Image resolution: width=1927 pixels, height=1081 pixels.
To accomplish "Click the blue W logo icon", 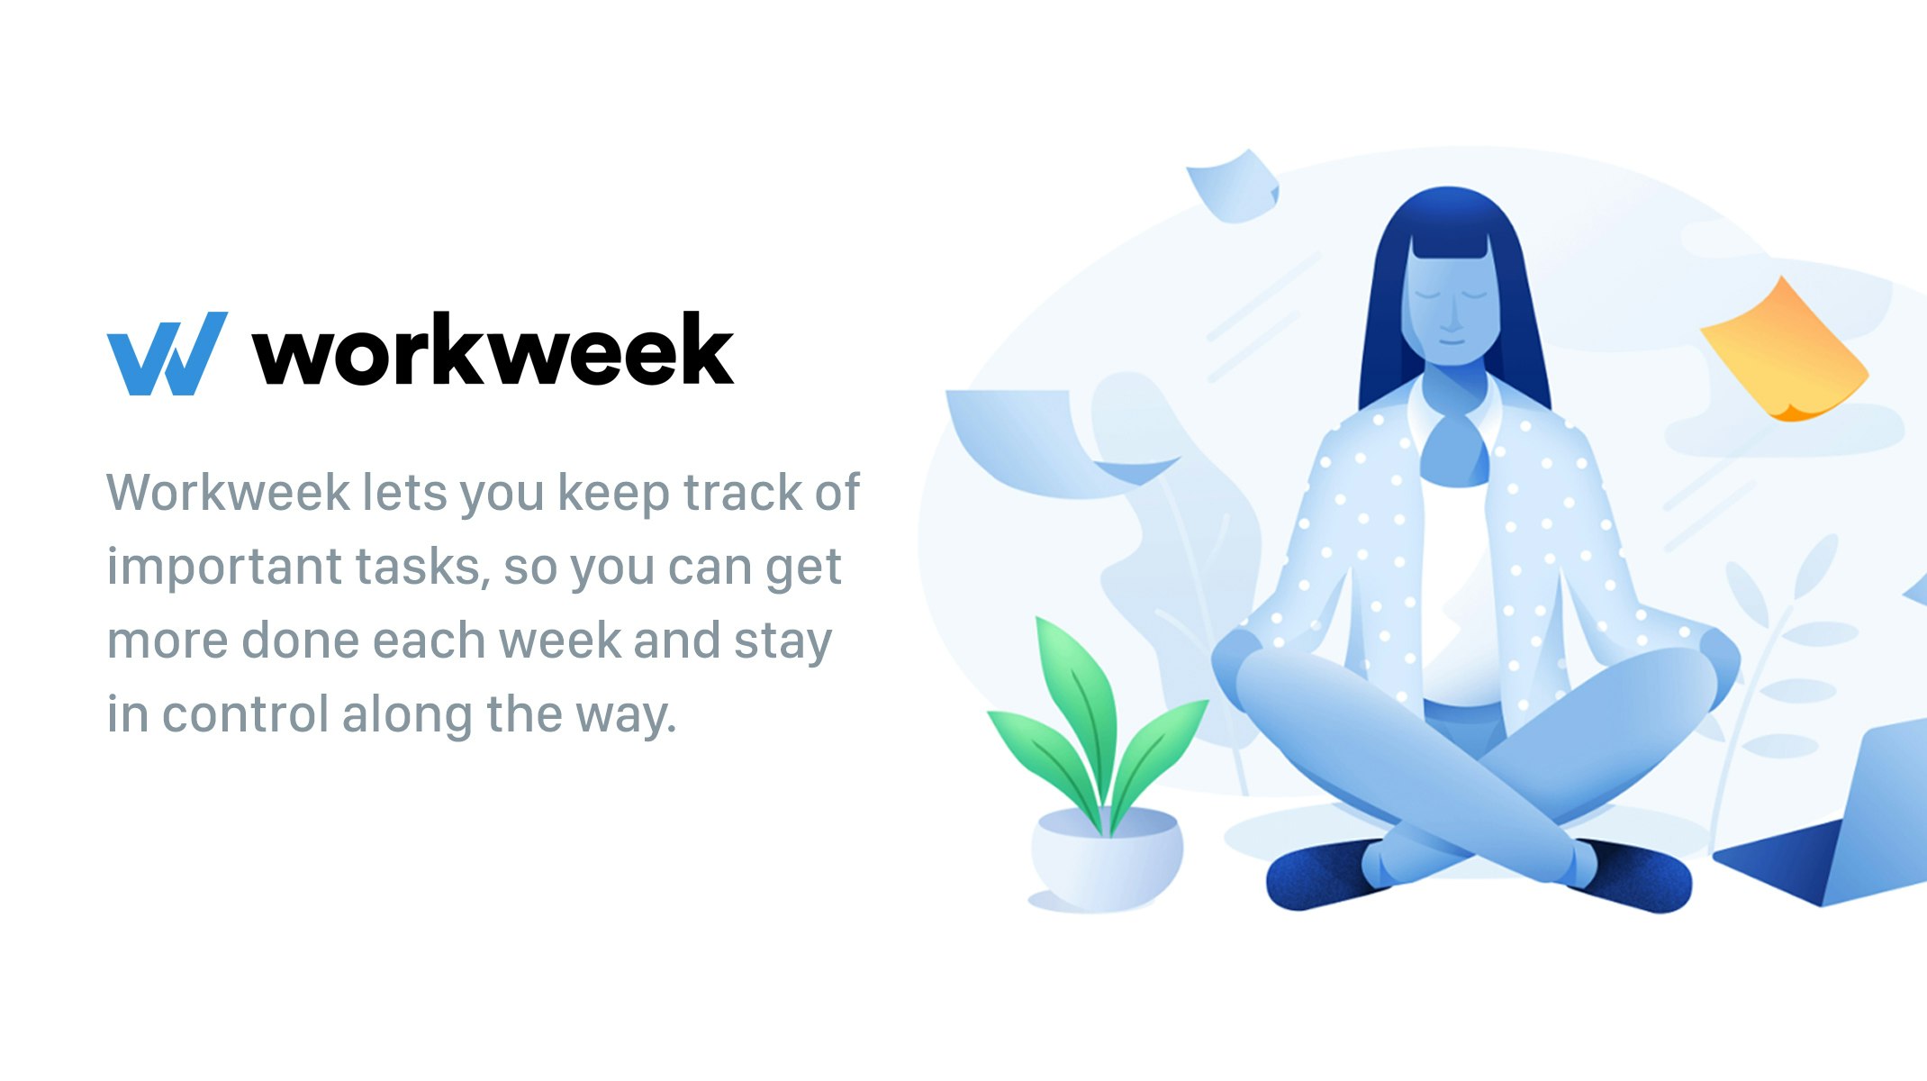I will [x=167, y=353].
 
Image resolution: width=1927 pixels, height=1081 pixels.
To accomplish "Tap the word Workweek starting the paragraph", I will [x=228, y=493].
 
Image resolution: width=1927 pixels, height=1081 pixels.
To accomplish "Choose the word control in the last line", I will [x=245, y=714].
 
